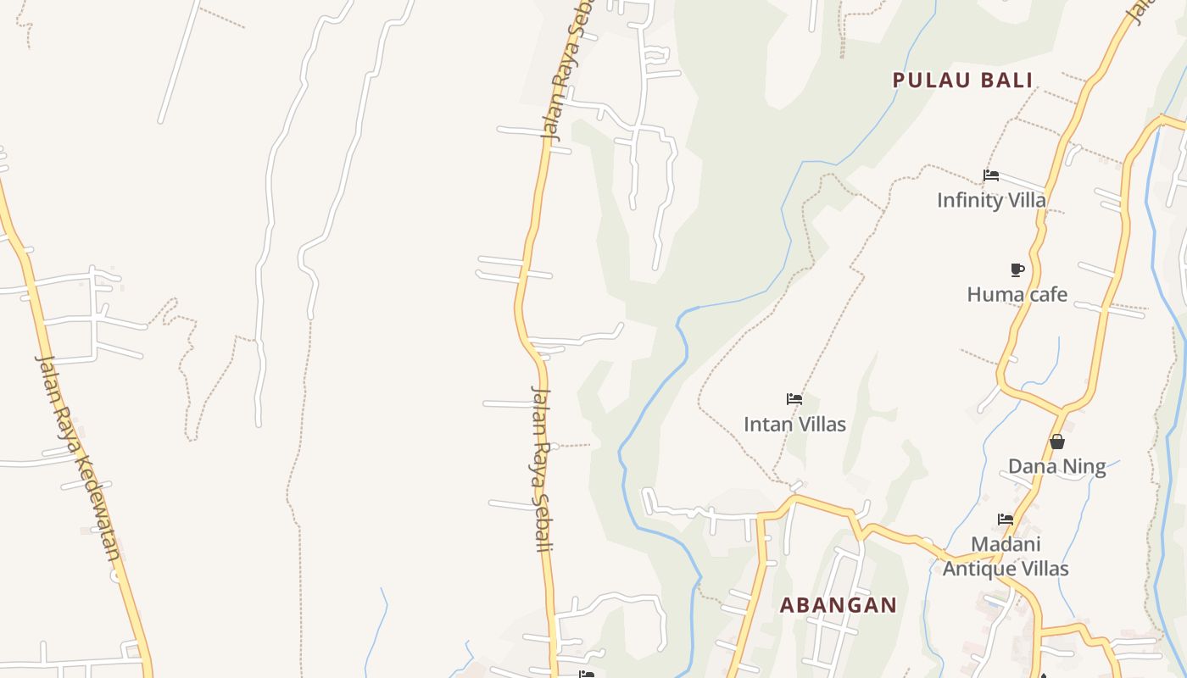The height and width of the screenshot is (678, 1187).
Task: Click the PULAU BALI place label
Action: tap(962, 81)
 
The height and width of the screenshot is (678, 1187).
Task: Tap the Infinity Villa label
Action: tap(991, 200)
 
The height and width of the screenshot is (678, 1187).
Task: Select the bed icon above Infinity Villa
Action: tap(990, 175)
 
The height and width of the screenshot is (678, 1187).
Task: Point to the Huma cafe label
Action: tap(1017, 294)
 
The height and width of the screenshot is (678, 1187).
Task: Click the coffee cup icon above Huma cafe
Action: tap(1017, 270)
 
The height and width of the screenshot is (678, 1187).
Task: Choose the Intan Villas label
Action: tap(794, 424)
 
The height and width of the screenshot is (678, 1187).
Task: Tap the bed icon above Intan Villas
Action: tap(794, 399)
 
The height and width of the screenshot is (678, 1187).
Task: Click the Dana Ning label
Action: tap(1056, 466)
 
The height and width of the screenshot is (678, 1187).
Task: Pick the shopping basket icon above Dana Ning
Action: tap(1056, 442)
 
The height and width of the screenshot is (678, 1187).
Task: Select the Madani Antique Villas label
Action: tap(1006, 556)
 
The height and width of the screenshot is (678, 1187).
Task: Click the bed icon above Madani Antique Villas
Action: tap(1006, 519)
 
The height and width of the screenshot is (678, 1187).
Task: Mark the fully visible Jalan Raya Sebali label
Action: tap(541, 470)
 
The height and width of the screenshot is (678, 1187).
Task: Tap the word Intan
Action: tap(763, 424)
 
